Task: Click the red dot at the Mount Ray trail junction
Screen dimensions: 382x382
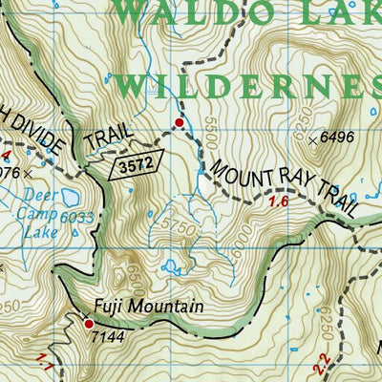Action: [x=178, y=122]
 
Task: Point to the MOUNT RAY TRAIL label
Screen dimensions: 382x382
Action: [x=285, y=182]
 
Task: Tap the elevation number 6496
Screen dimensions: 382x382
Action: [x=338, y=138]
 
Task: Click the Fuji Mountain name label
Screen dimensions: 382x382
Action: [x=148, y=308]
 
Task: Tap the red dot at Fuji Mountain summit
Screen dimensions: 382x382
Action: [x=89, y=324]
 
